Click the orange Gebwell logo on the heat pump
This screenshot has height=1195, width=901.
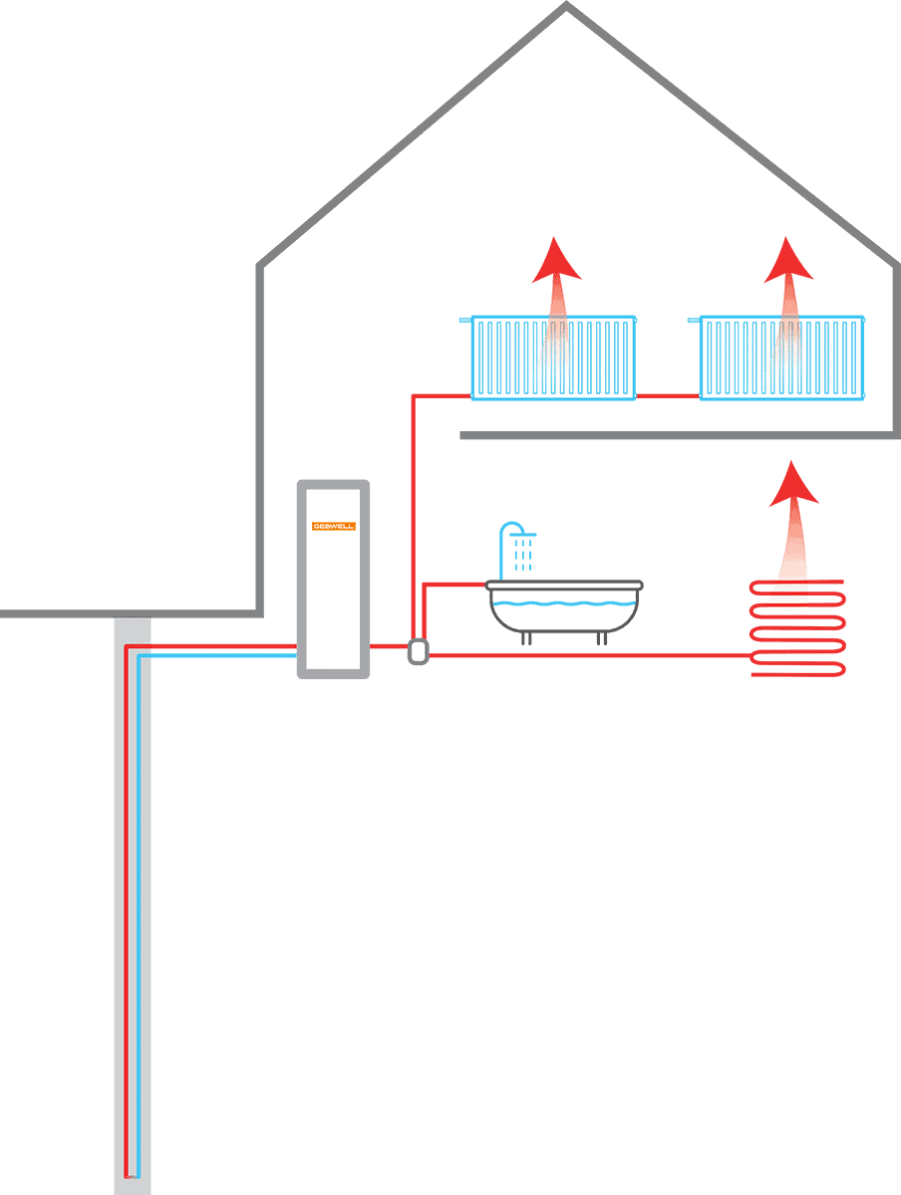(333, 526)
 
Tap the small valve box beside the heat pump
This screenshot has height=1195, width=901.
(419, 652)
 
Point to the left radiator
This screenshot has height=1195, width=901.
(553, 358)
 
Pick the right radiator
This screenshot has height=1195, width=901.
(781, 358)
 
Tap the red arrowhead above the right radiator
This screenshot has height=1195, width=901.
(788, 261)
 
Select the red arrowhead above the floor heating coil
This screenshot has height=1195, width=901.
(793, 485)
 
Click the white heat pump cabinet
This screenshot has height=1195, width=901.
(333, 597)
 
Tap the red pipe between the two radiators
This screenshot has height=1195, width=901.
(667, 395)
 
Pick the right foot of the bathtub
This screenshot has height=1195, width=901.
(602, 638)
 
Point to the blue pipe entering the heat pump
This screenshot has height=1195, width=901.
(219, 656)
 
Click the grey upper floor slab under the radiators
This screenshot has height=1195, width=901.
(678, 435)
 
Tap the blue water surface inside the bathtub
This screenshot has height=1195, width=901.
(564, 603)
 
